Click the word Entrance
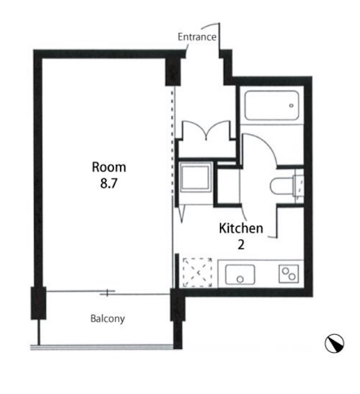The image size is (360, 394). point(197,37)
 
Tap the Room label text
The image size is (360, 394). point(109,167)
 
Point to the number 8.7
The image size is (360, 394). point(109,183)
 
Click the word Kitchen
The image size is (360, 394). point(241,228)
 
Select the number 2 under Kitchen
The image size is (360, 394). point(241,244)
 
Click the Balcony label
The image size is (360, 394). point(107,319)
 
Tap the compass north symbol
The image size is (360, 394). point(334,343)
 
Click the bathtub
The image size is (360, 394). point(272,105)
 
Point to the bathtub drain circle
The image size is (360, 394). point(291,106)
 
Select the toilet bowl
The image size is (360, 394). point(282,186)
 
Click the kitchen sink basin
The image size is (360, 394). point(240,275)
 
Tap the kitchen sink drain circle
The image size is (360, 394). point(240,279)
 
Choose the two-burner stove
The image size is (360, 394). point(289,274)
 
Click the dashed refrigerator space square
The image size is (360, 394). point(197,272)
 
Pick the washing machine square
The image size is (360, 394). point(195,177)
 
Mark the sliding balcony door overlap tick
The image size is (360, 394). point(107,293)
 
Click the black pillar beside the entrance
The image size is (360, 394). point(173,72)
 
